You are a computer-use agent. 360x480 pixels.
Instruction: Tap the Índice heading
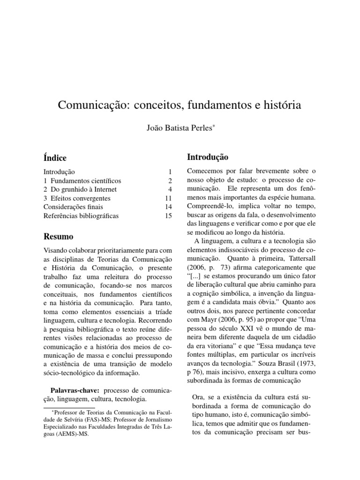click(55, 158)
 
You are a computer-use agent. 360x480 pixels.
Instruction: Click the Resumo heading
click(58, 236)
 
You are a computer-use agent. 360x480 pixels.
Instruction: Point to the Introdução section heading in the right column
click(208, 157)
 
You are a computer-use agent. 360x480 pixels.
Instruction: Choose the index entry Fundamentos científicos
click(86, 181)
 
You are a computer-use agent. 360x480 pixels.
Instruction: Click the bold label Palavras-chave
click(75, 390)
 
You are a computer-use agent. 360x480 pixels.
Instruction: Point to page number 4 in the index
click(171, 190)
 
